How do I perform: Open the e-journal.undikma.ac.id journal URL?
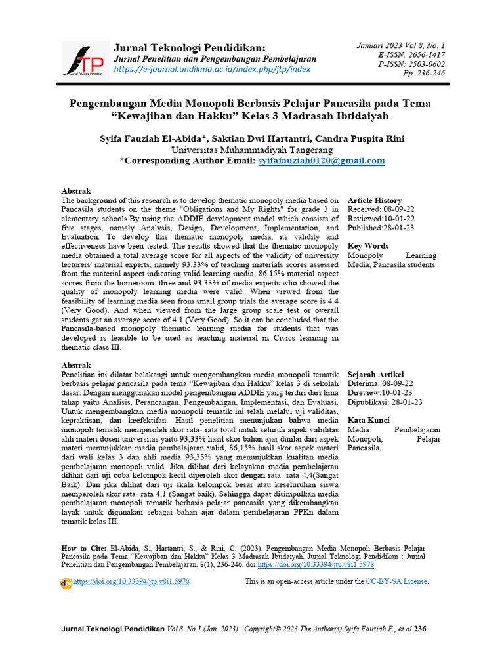213,69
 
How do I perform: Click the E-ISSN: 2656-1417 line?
411,54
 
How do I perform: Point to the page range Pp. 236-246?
423,73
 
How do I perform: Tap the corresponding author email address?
322,161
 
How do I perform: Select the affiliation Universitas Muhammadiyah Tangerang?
252,150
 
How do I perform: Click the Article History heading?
375,200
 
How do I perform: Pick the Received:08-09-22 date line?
381,209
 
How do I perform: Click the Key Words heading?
367,246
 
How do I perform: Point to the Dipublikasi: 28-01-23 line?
385,402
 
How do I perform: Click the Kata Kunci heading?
369,421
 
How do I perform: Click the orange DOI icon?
66,583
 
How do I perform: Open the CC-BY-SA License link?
397,581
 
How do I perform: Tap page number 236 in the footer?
420,629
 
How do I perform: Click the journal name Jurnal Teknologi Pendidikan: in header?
190,48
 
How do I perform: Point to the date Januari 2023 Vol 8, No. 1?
400,45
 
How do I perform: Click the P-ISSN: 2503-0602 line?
411,64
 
